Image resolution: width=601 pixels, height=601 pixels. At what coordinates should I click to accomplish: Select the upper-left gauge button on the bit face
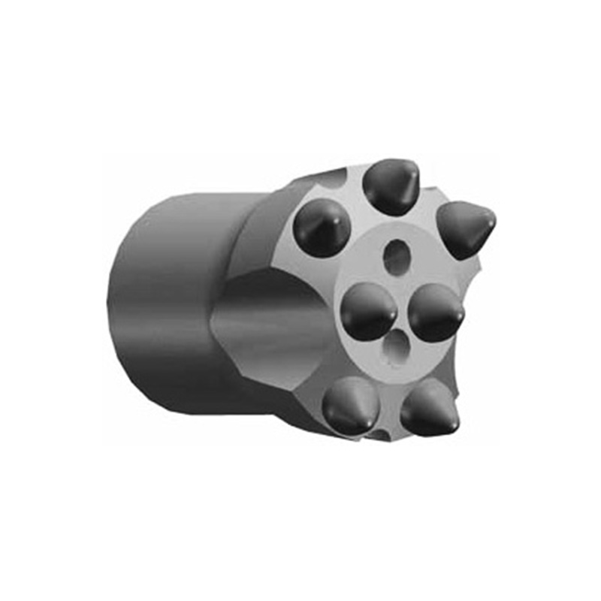click(x=322, y=228)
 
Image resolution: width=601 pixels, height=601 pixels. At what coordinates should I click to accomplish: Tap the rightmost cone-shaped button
click(x=464, y=228)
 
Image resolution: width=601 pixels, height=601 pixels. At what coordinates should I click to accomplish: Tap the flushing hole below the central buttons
click(x=396, y=349)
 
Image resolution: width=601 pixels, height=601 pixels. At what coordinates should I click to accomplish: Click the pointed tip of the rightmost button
click(x=493, y=219)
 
